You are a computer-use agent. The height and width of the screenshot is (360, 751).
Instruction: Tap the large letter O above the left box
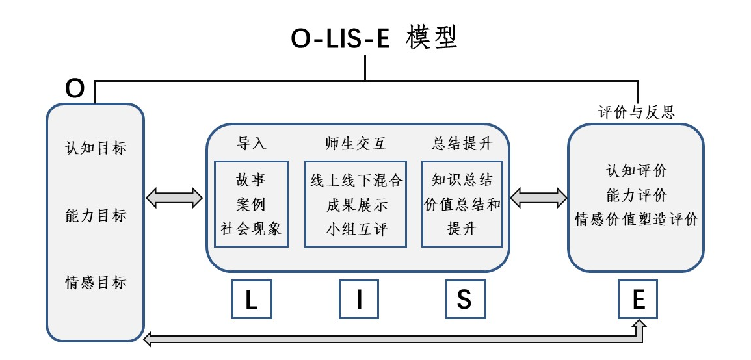coord(75,88)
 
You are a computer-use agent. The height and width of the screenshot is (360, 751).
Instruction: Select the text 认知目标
coord(96,148)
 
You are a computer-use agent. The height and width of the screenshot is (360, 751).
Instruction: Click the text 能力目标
coord(96,216)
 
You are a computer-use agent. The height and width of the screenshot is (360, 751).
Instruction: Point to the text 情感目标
coord(96,283)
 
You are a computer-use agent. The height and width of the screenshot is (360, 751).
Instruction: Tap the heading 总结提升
coord(462,144)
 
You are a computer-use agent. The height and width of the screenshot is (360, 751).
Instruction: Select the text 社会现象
coord(250,228)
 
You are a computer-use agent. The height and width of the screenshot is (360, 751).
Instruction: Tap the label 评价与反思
coord(637,112)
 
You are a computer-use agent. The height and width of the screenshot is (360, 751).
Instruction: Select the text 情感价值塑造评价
coord(637,220)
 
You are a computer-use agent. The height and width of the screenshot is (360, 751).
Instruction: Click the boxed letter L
coord(251,299)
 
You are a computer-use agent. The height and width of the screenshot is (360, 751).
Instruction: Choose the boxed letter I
coord(359,299)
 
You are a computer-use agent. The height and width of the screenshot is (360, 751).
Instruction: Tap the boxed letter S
coord(464,299)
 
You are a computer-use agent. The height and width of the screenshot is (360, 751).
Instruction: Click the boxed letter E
coord(638,299)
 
